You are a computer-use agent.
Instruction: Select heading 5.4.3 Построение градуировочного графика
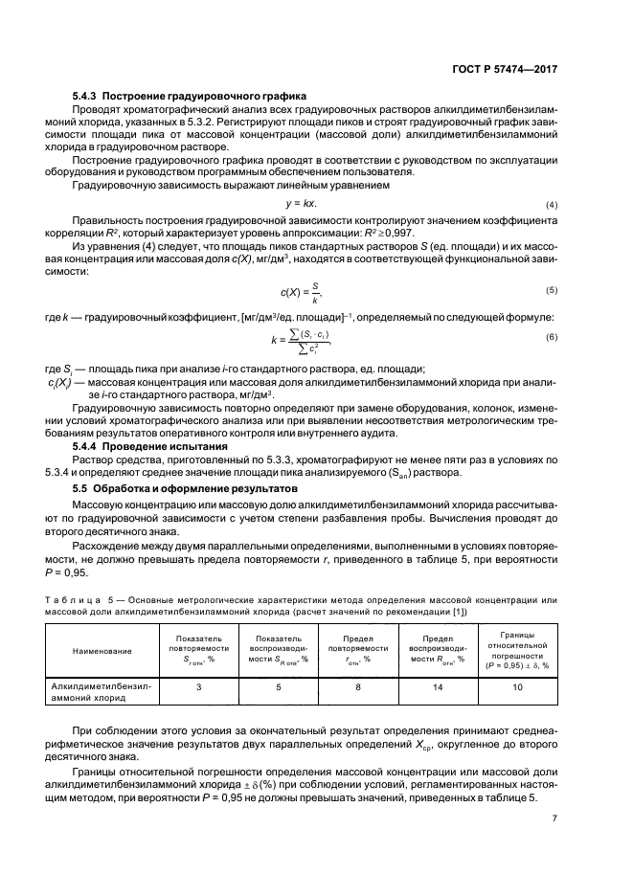coord(189,97)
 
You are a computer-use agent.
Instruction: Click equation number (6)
coord(552,338)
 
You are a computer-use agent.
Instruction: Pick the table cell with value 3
coord(198,686)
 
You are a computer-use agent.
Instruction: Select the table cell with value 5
coord(280,686)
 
